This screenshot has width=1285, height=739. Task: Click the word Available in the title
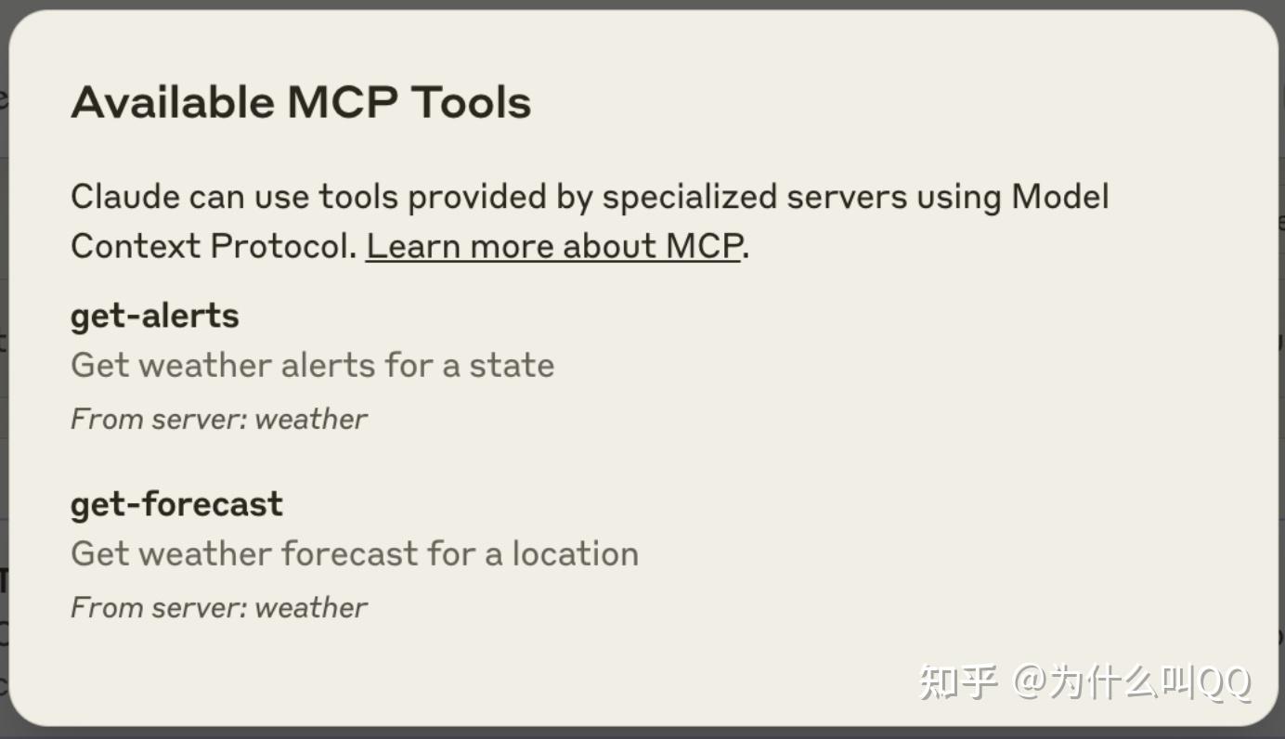coord(174,102)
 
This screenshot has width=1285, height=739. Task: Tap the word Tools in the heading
coord(472,102)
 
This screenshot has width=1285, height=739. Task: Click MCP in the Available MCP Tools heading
coord(343,102)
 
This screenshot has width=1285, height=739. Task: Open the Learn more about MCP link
coord(554,247)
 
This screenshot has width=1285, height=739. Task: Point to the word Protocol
coord(284,246)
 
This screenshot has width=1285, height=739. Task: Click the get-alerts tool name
coord(155,317)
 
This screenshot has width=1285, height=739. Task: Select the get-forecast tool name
coord(176,505)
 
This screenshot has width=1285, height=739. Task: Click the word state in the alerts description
coord(512,366)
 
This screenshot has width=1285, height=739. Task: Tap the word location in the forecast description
coord(576,553)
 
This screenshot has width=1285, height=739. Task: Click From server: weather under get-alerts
coord(219,419)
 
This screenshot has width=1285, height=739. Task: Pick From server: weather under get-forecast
coord(219,607)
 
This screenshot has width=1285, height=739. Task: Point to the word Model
coord(1060,197)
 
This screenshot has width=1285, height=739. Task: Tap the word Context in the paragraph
coord(136,246)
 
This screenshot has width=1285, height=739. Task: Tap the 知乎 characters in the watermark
coord(958,682)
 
